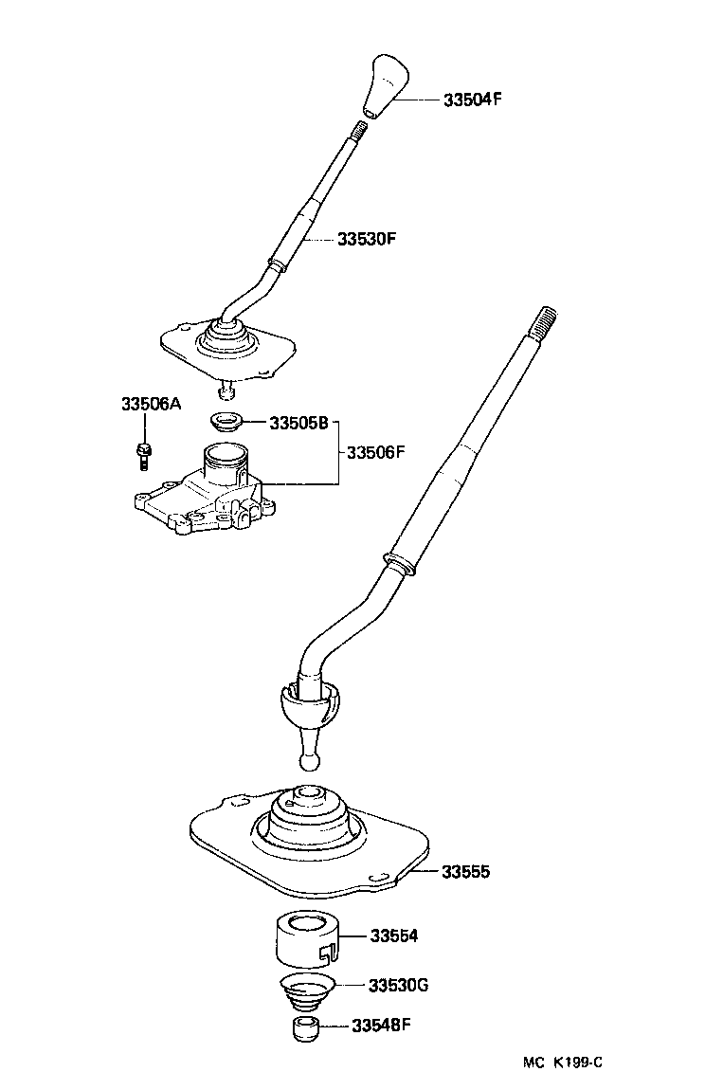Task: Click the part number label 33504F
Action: point(471,99)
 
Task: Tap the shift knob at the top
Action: point(386,87)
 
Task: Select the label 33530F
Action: point(366,239)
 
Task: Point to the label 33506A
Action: point(150,403)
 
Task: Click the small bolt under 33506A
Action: point(142,453)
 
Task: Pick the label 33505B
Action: point(298,423)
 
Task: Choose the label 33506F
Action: point(376,452)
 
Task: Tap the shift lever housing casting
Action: point(208,493)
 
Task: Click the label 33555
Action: point(465,870)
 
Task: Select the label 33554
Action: point(393,936)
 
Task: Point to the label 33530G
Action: point(399,985)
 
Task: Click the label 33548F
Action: point(381,1025)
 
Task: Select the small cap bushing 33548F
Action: point(303,1028)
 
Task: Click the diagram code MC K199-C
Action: point(558,1063)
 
